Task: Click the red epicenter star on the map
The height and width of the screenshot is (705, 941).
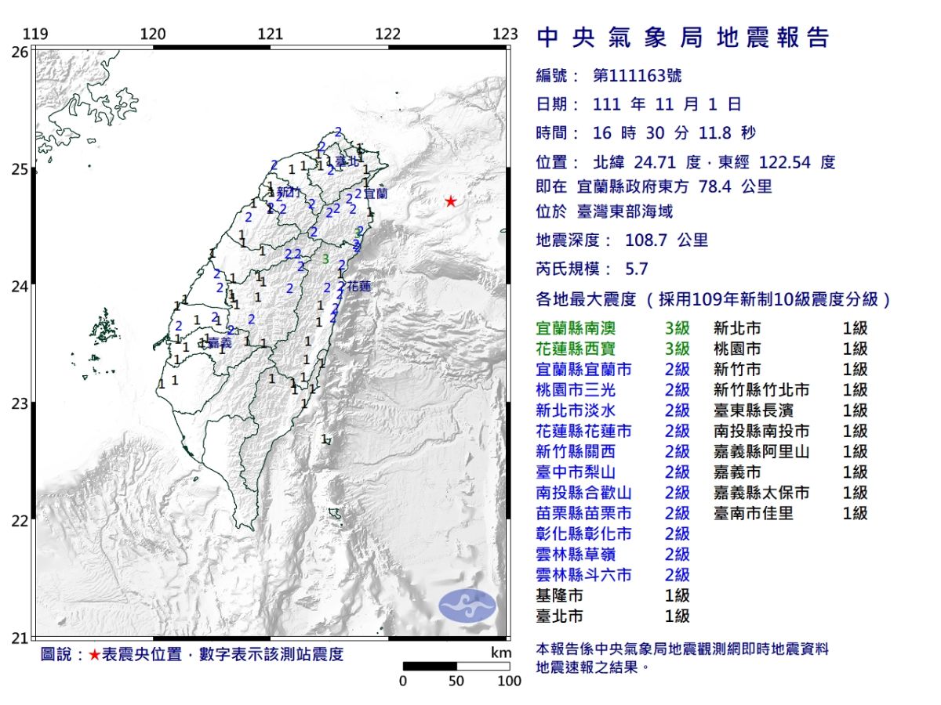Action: (450, 201)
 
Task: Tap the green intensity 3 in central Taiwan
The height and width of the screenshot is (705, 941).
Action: (325, 258)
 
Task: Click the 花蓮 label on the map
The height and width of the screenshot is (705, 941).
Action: (359, 287)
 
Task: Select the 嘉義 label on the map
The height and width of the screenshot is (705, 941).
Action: (220, 343)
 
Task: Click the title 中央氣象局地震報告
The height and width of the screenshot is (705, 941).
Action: (682, 38)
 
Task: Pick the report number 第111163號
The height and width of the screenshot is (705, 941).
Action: (638, 76)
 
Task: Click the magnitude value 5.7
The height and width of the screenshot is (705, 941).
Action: (637, 269)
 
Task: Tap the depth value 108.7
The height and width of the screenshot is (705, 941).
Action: (648, 240)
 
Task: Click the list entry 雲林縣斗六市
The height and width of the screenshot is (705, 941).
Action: (583, 575)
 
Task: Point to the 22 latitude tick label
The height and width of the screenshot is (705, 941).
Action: (20, 521)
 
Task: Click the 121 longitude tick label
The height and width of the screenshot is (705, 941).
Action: (271, 34)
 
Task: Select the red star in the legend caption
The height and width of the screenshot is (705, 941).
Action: (94, 655)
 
